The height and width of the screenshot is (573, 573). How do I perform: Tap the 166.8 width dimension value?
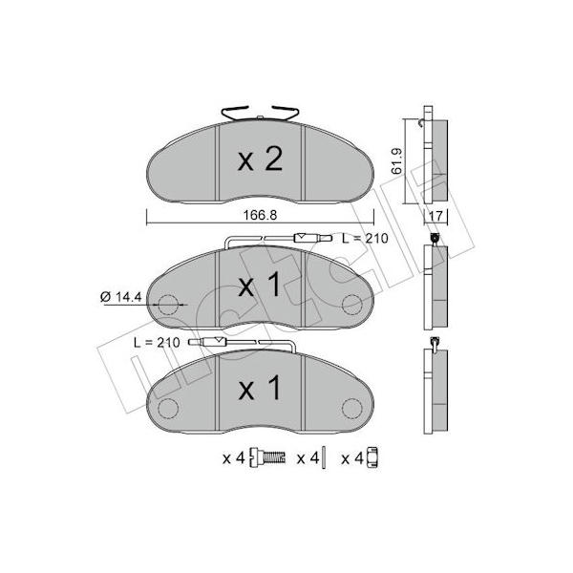coord(260,215)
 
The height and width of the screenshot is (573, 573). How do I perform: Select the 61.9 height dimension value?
coord(397,160)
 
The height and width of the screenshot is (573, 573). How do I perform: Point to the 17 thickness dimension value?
coord(435,216)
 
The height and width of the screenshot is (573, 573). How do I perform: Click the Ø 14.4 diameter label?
coord(121,297)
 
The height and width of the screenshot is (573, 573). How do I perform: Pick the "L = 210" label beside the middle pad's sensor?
coord(365,239)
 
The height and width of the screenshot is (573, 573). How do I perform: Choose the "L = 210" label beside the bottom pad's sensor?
coord(158,343)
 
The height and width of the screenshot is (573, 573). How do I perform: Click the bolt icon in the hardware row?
coord(267,457)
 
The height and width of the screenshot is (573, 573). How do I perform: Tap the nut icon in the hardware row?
coord(372,457)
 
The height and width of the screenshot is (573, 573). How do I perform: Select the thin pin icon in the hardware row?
coord(324,457)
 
